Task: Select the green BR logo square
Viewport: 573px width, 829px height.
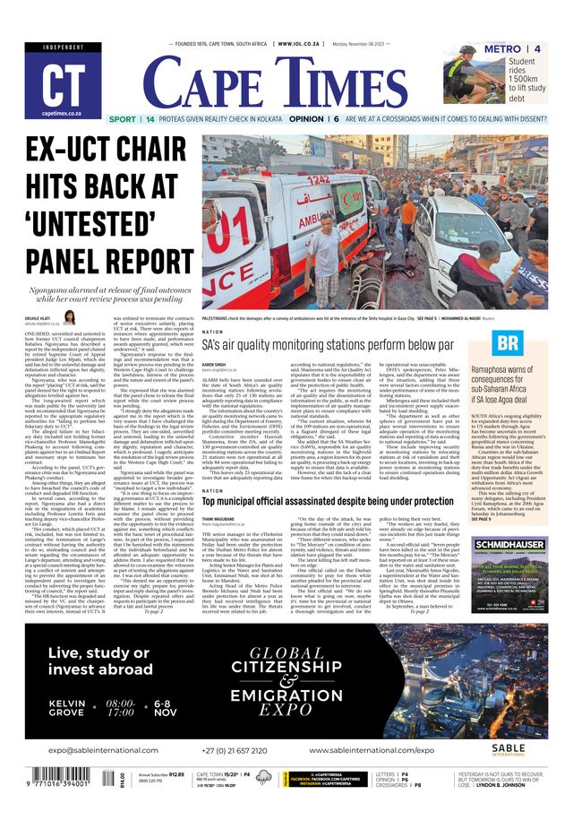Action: (508, 342)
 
